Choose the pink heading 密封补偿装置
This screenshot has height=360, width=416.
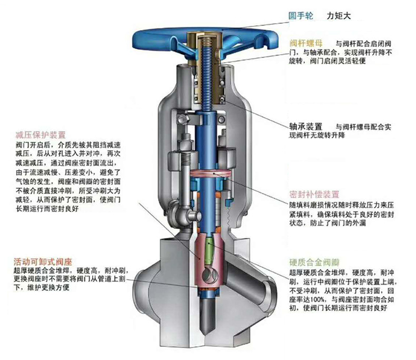coord(314,193)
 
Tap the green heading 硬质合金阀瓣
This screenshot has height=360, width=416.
coord(314,262)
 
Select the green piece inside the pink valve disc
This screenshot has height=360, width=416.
coord(210,251)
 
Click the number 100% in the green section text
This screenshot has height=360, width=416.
coord(319,299)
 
